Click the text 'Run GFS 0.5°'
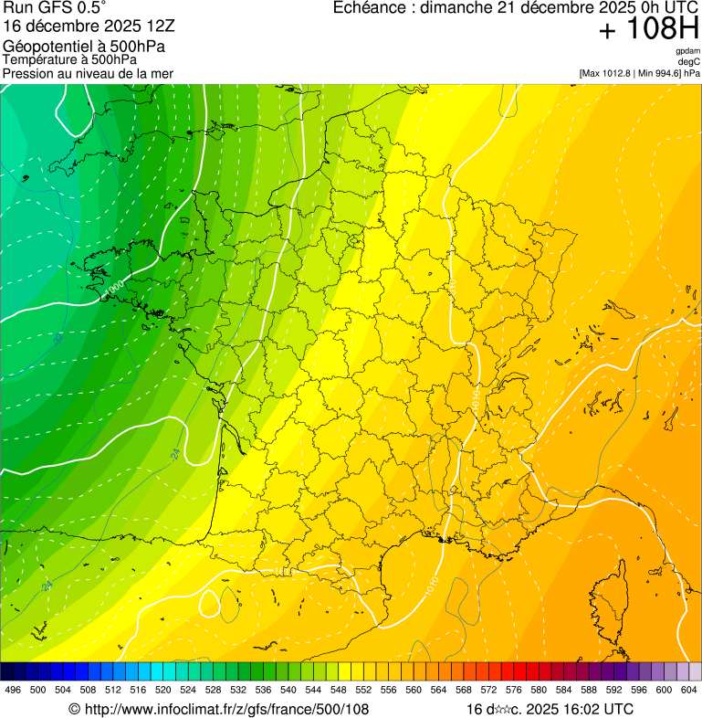click(54, 8)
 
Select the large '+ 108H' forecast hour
click(648, 29)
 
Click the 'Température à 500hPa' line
click(69, 59)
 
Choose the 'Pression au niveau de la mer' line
click(88, 73)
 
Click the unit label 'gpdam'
click(687, 51)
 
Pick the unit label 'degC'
click(689, 62)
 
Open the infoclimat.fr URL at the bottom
click(219, 709)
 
